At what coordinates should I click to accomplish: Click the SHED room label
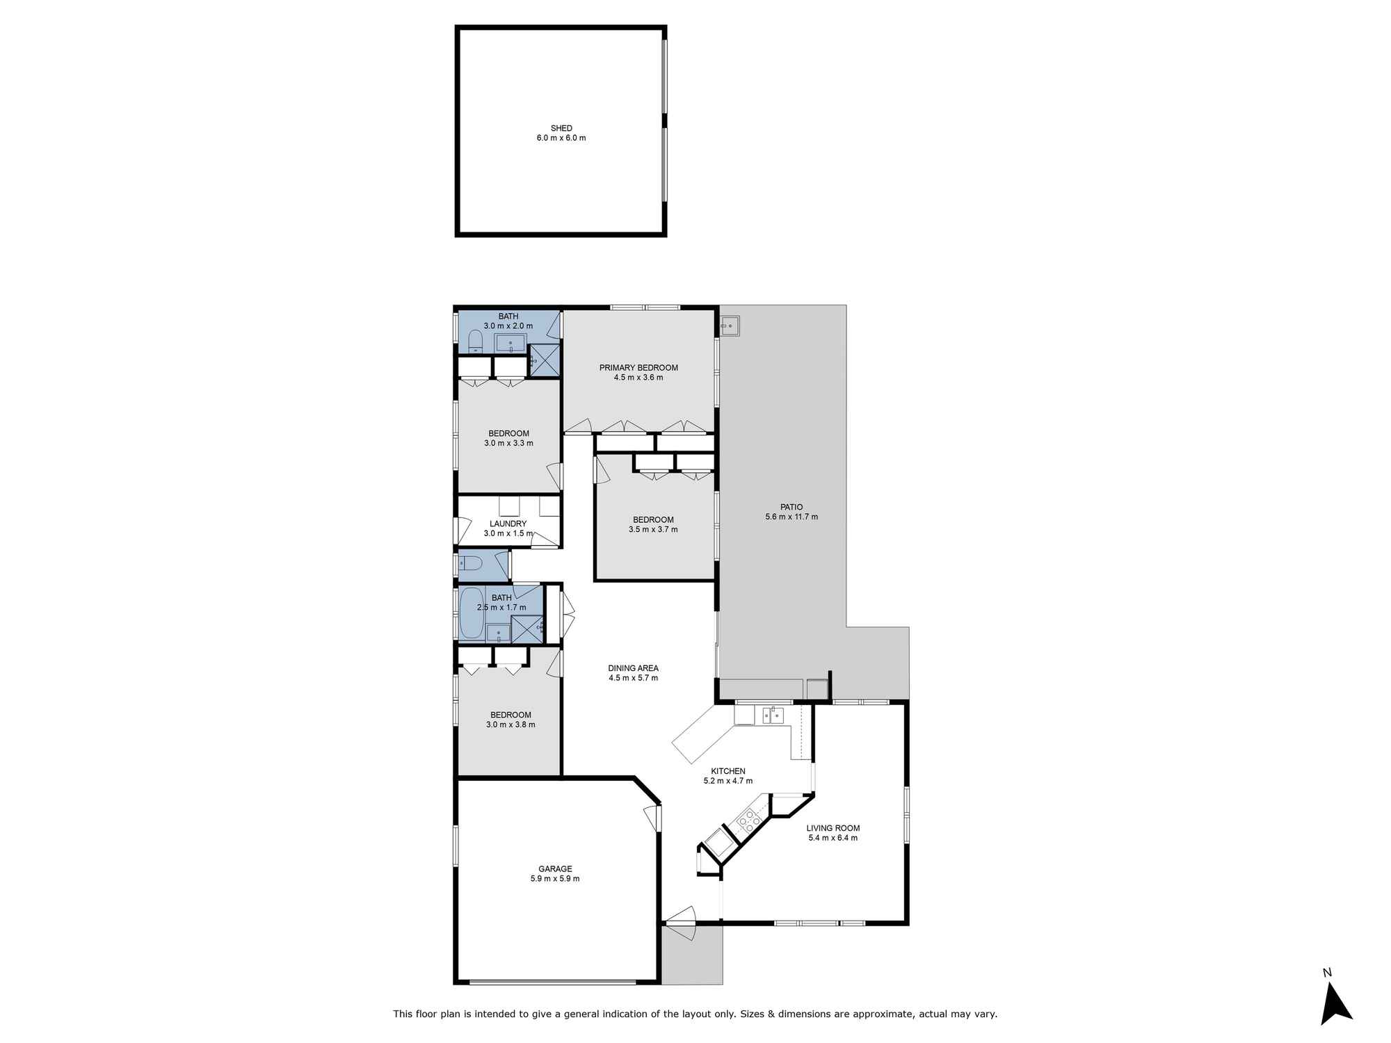click(x=561, y=128)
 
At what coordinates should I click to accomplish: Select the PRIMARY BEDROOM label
click(x=638, y=368)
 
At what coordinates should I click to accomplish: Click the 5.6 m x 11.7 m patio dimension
click(x=791, y=517)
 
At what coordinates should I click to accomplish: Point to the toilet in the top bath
click(x=476, y=342)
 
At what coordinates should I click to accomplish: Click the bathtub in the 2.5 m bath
click(x=472, y=613)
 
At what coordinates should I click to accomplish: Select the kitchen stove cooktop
click(x=749, y=821)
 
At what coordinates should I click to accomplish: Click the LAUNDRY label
click(x=508, y=524)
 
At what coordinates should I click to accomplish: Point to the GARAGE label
click(x=555, y=868)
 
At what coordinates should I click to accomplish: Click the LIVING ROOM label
click(x=833, y=828)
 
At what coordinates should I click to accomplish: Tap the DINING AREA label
click(x=633, y=668)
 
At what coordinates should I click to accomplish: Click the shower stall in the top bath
click(x=545, y=360)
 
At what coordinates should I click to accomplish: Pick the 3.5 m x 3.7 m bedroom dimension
click(x=653, y=529)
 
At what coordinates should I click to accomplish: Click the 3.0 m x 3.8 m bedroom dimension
click(x=510, y=725)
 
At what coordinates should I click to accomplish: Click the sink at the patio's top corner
click(x=730, y=325)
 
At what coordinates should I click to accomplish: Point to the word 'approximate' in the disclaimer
click(x=885, y=1014)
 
